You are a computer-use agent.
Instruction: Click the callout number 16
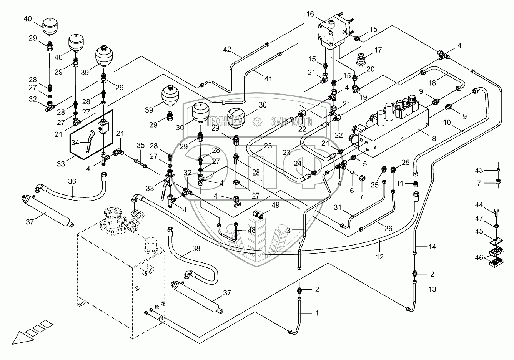(310, 14)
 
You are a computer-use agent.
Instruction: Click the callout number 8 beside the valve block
(434, 138)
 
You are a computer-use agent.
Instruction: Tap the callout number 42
(227, 49)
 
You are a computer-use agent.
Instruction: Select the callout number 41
(268, 79)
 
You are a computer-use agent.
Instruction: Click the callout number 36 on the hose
(72, 181)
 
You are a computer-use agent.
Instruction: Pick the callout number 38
(196, 249)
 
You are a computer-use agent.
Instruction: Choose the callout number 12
(380, 257)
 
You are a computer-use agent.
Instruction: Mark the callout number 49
(275, 206)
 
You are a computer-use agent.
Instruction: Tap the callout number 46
(479, 257)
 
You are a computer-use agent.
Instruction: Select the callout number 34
(75, 143)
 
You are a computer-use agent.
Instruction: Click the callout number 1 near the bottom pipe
(317, 313)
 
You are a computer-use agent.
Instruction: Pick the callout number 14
(432, 247)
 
